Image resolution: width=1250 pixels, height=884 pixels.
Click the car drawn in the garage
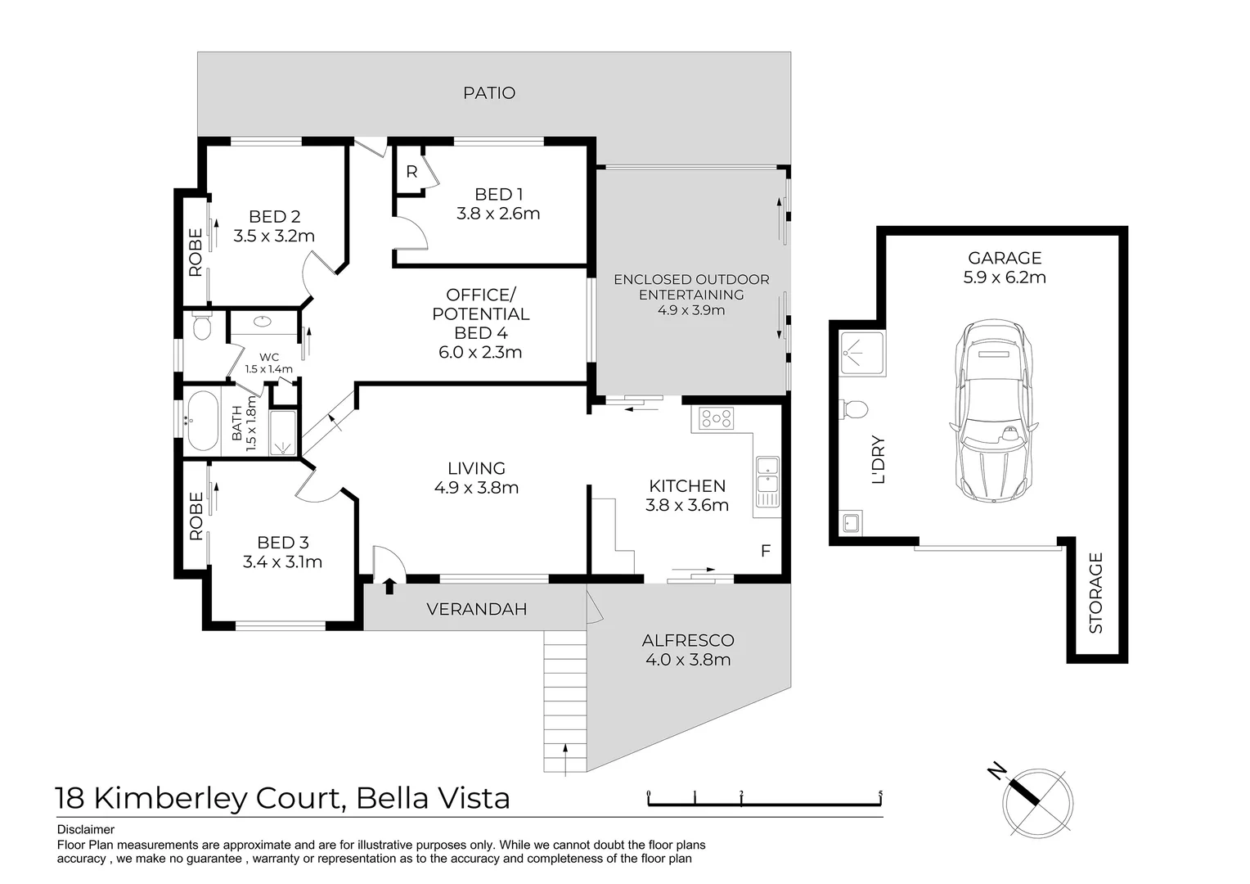point(993,409)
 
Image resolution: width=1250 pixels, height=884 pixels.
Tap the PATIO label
point(489,93)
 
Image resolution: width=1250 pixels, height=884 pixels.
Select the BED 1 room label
point(498,195)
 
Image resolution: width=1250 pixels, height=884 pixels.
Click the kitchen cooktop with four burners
point(716,419)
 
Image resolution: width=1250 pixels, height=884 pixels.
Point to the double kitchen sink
point(767,482)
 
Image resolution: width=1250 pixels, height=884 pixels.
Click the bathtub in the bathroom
point(202,422)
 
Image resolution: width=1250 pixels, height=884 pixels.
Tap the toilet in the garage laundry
point(854,408)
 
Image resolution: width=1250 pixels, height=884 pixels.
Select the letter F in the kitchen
point(766,551)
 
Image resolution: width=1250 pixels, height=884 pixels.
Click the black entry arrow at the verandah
point(389,585)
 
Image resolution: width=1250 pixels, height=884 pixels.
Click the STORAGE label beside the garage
point(1096,593)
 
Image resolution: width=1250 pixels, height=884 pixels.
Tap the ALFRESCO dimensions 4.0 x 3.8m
point(687,660)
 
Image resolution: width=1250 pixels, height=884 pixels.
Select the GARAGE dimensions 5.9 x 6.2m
point(1004,277)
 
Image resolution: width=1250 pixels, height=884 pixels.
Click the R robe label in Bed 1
point(411,172)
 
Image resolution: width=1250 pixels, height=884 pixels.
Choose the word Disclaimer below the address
point(86,829)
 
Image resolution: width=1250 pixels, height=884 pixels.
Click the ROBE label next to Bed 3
point(196,516)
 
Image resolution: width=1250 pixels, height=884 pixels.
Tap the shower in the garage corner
point(862,354)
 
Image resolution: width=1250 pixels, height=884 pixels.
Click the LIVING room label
point(476,468)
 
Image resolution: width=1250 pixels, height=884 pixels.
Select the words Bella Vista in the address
point(434,797)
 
